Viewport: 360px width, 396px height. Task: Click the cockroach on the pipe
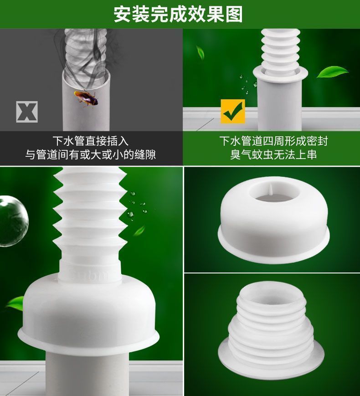86,98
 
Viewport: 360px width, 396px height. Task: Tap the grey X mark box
27,112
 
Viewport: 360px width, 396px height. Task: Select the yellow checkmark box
233,111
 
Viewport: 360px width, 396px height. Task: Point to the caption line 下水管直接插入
91,141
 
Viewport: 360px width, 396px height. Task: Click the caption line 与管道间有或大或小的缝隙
91,154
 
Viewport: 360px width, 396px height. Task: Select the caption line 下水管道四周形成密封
273,141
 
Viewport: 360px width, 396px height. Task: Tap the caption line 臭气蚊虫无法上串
273,154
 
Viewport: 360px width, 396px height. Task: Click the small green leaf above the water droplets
201,52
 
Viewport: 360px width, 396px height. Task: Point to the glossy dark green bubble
13,221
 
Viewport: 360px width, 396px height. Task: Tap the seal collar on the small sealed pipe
280,73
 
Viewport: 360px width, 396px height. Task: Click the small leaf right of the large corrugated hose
139,231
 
